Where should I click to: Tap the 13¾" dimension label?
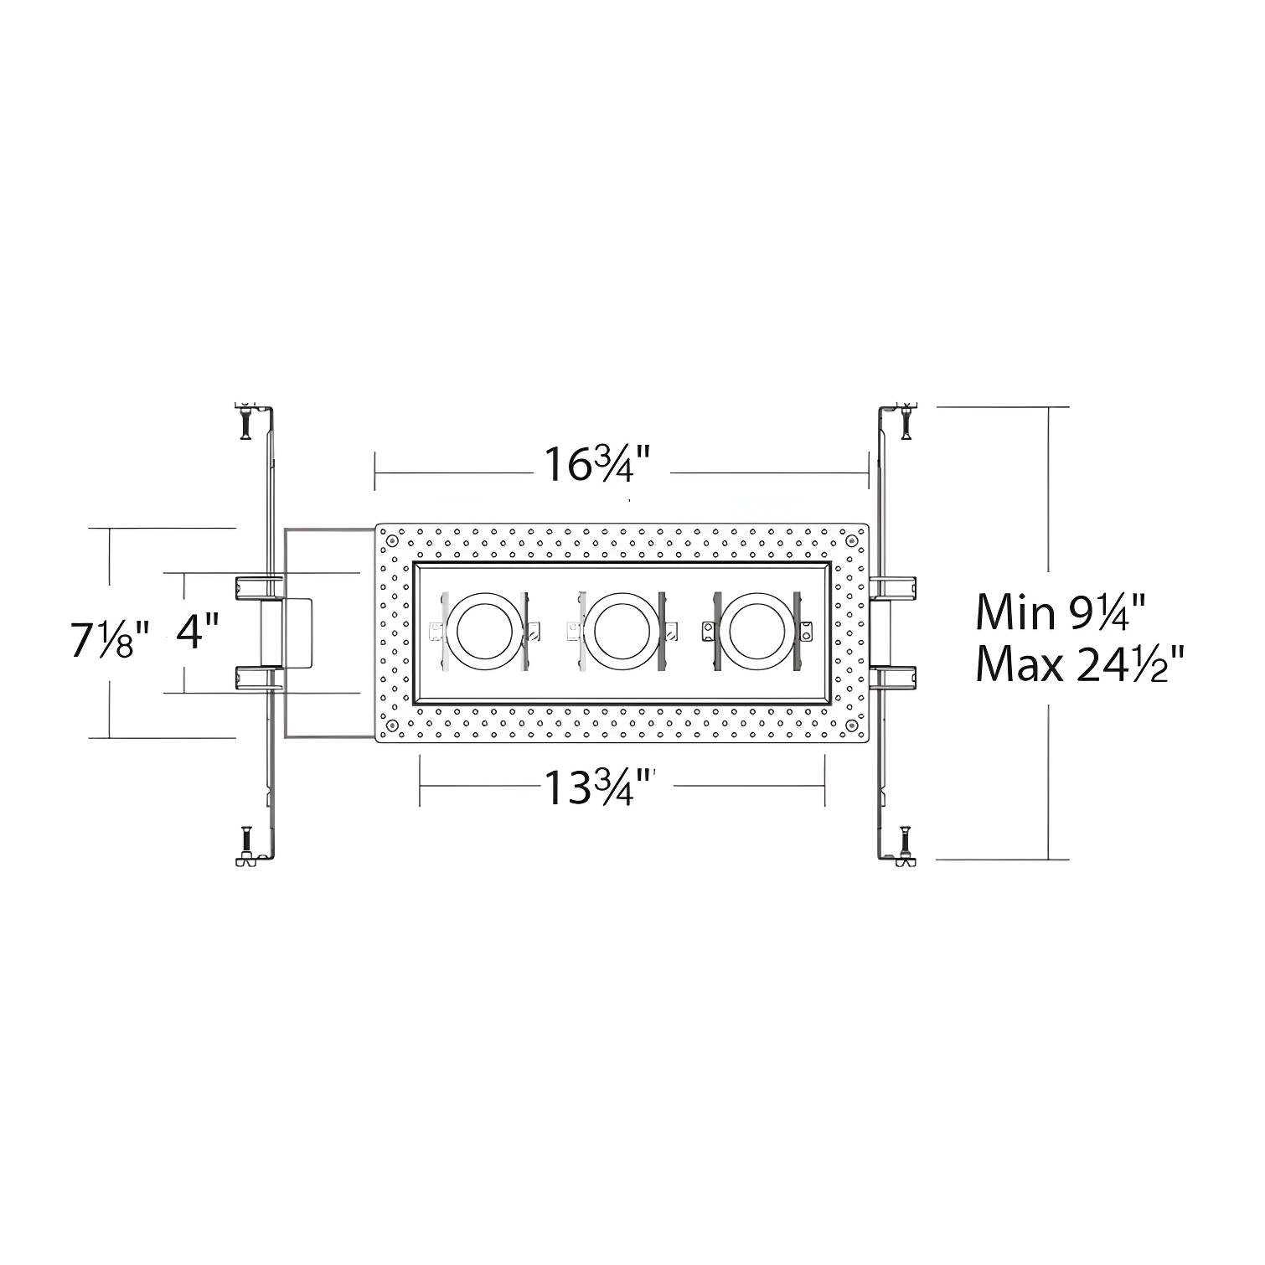(x=598, y=786)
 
